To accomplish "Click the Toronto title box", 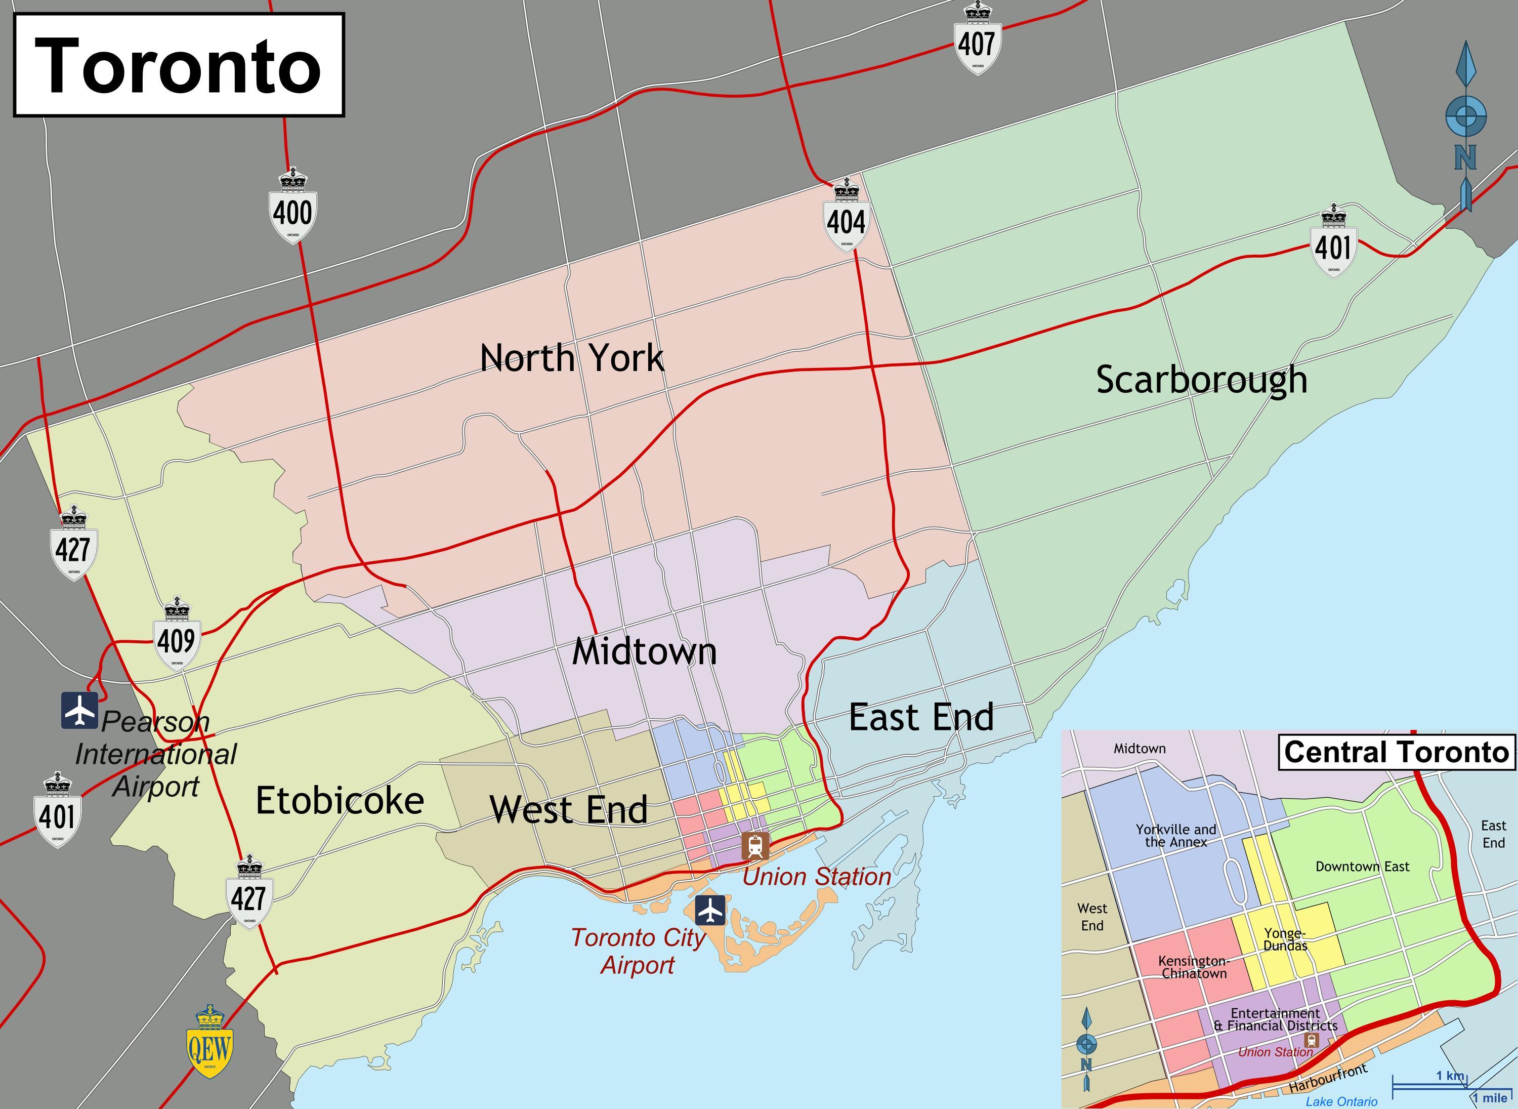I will (x=179, y=65).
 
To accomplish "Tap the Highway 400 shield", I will (x=292, y=210).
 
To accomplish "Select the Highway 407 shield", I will (x=977, y=42).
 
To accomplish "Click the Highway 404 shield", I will (x=846, y=216).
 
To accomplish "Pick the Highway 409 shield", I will (x=177, y=636).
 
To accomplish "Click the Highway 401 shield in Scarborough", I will (x=1332, y=243).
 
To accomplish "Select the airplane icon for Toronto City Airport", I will (x=710, y=910).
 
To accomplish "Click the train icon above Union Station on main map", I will (x=755, y=846).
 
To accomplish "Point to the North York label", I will (x=572, y=358).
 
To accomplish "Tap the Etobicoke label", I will (x=340, y=801).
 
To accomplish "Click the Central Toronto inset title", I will (x=1396, y=752).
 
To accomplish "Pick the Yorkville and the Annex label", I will (x=1176, y=836).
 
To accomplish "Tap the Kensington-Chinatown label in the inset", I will (x=1193, y=967).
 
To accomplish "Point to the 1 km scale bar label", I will (x=1450, y=1076).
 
